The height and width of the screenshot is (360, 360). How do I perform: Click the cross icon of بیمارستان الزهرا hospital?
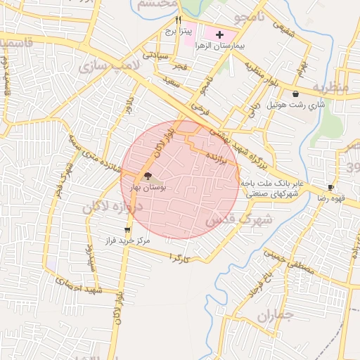tap(220, 34)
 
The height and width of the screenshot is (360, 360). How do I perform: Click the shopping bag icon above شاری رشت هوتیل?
tap(295, 94)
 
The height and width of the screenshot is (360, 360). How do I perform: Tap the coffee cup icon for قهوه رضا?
tap(331, 188)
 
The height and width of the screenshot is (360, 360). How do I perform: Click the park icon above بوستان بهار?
tap(148, 176)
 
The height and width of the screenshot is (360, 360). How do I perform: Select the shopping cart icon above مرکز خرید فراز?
tap(127, 229)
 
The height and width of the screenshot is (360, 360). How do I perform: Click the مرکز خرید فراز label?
tap(127, 240)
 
